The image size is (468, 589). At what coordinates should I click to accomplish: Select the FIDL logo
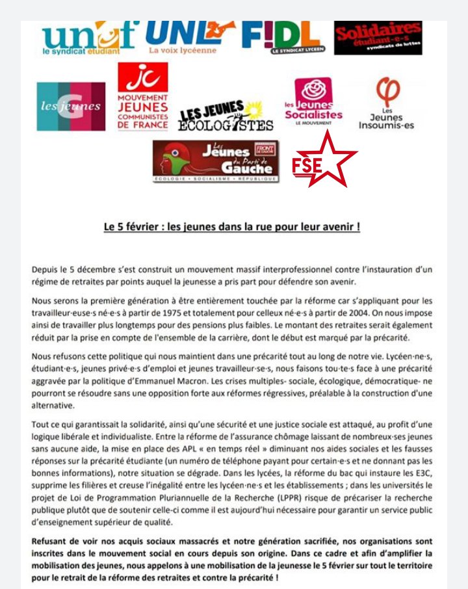click(x=283, y=38)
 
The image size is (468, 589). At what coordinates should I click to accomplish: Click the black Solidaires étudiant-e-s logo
click(x=378, y=38)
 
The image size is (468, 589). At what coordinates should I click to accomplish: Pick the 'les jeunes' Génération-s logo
click(x=71, y=106)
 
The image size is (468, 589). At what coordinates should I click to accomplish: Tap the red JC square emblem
click(x=142, y=77)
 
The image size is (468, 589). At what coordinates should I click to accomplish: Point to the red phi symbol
click(x=389, y=92)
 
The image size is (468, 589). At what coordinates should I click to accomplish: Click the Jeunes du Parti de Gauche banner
click(x=216, y=161)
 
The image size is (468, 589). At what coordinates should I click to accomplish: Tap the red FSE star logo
click(x=323, y=164)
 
